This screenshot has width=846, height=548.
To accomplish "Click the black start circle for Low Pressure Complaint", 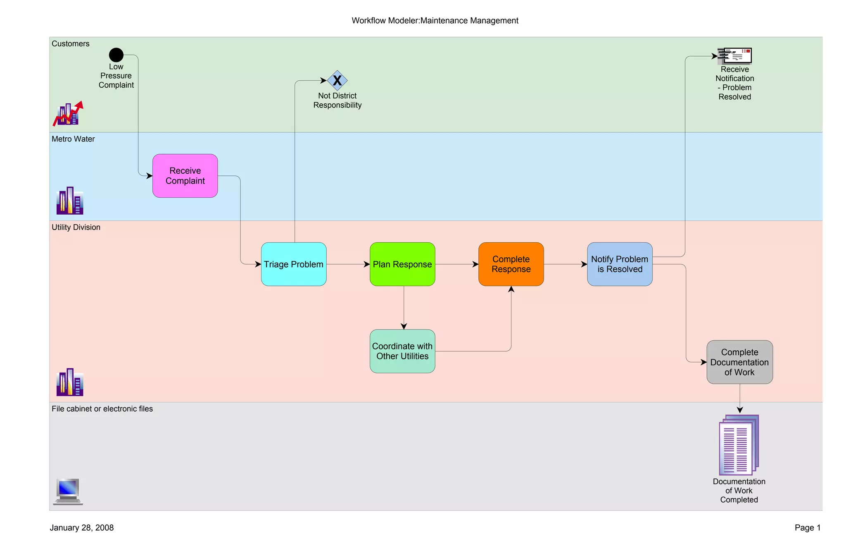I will click(116, 55).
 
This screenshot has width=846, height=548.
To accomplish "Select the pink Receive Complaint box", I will click(185, 176).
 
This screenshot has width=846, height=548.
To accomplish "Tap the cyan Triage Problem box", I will click(294, 264).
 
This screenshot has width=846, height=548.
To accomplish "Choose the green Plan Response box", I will click(402, 264).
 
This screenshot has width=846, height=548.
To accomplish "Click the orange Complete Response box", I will click(511, 264).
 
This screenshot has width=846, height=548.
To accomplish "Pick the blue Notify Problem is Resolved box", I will click(620, 264).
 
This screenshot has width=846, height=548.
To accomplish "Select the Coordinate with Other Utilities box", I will click(402, 351).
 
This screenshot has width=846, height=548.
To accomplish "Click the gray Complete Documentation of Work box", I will click(739, 362).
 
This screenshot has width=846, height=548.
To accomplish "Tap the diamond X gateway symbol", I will click(337, 80).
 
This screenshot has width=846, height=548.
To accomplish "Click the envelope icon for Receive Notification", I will click(735, 56).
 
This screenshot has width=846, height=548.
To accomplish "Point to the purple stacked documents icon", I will click(739, 445).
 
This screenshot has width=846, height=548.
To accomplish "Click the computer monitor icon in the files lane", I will click(68, 491).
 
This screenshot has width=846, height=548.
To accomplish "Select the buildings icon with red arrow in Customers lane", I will click(68, 114).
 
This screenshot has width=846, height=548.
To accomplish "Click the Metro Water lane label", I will click(73, 139).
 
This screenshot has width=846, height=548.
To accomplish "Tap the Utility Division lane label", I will click(76, 227).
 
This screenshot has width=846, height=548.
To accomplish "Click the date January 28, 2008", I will click(81, 528).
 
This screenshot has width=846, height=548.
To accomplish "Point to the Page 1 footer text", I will click(807, 528).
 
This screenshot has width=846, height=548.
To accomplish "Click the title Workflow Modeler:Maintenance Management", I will click(435, 21).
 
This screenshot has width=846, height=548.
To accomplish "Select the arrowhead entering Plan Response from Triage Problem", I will click(366, 264).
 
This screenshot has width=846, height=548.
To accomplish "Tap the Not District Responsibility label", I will click(337, 101).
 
